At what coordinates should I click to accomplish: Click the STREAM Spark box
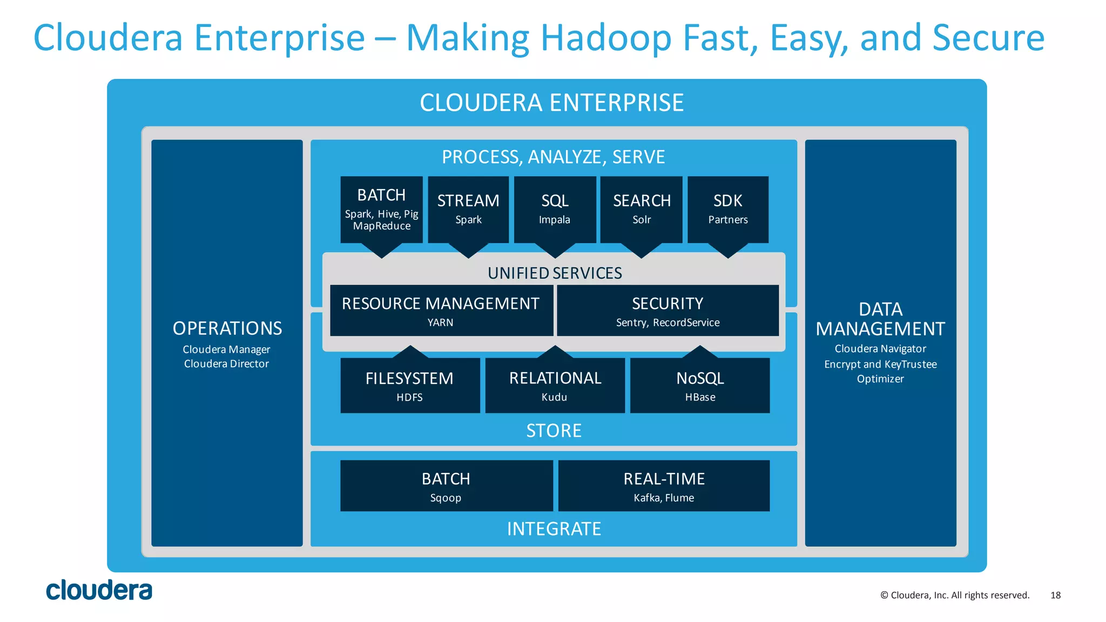468,209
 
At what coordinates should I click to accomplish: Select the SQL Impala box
555,209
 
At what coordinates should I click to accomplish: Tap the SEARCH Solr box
641,209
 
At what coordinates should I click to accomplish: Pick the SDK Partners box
727,209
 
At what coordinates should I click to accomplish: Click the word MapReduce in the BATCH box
382,226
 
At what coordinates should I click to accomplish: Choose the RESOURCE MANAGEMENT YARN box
441,310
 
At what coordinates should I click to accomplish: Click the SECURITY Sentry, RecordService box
667,310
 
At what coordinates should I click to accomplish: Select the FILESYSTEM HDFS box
410,386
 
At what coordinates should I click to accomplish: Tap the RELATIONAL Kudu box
555,386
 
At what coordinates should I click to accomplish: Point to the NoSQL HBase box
700,386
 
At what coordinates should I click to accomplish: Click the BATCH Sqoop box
446,486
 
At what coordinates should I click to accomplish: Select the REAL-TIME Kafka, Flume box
664,486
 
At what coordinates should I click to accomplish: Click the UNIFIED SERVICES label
555,273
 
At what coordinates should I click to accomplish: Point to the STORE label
554,431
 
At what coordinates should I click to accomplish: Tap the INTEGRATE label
554,529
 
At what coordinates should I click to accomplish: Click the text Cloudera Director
226,364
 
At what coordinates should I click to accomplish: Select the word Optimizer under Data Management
880,379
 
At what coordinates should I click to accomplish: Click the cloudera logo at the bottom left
99,591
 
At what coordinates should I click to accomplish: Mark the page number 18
1055,595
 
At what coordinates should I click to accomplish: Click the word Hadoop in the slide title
606,38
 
